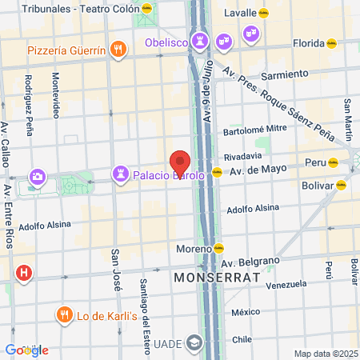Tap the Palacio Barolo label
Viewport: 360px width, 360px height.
click(168, 173)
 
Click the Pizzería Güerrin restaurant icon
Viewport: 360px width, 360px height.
click(118, 50)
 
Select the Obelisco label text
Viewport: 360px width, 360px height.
click(164, 42)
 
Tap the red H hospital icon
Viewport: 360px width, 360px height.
click(24, 273)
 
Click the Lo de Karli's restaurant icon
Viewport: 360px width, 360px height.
click(64, 314)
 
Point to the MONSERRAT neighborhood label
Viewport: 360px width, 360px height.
click(217, 277)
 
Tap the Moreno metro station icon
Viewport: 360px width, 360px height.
click(218, 249)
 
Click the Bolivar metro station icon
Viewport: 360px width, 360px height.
click(341, 185)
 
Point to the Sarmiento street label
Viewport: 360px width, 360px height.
click(284, 74)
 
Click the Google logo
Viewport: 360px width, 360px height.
click(26, 350)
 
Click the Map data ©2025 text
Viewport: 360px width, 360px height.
click(324, 354)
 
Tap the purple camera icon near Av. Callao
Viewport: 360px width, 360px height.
click(38, 177)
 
